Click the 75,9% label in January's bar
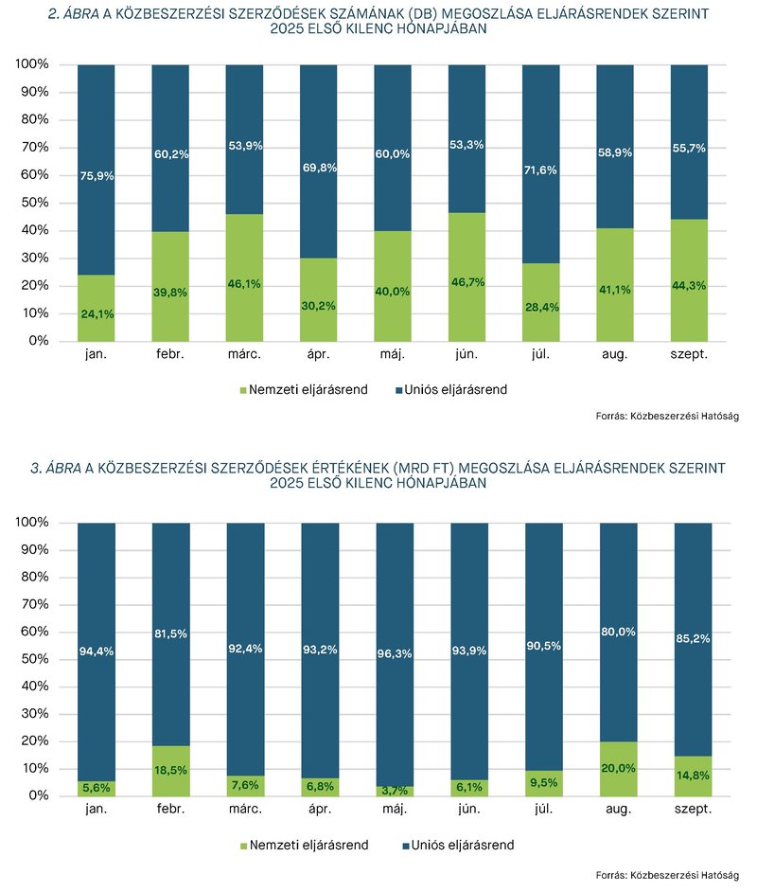pos(96,174)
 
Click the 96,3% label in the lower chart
pos(394,651)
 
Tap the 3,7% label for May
pos(394,791)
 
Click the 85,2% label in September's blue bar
pos(693,638)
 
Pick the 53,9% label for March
pos(244,146)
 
